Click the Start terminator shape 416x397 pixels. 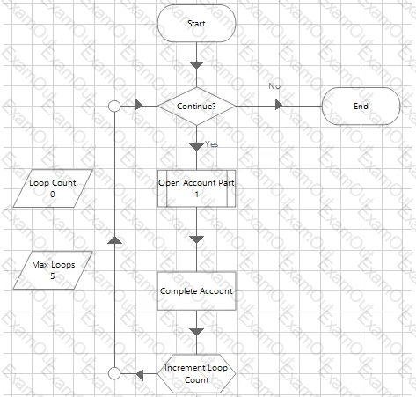click(196, 24)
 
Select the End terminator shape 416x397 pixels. click(361, 106)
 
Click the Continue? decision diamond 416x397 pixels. click(196, 106)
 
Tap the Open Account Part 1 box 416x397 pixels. click(196, 188)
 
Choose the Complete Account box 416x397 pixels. click(196, 291)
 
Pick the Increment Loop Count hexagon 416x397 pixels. click(196, 373)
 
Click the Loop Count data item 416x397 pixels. click(53, 188)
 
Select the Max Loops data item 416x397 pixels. click(53, 270)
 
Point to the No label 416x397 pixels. click(274, 86)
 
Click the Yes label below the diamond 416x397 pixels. click(211, 144)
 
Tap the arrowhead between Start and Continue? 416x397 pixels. click(196, 65)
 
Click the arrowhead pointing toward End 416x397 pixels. click(279, 105)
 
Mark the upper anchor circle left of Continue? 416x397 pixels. click(114, 106)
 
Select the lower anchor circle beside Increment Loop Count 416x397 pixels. click(114, 373)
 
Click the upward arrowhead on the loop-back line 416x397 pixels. click(114, 239)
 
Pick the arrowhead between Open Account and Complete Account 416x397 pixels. click(196, 239)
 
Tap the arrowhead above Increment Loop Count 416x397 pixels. click(196, 332)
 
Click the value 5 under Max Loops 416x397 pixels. click(53, 276)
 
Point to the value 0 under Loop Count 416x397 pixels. click(53, 195)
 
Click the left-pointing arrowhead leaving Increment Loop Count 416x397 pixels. click(140, 375)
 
